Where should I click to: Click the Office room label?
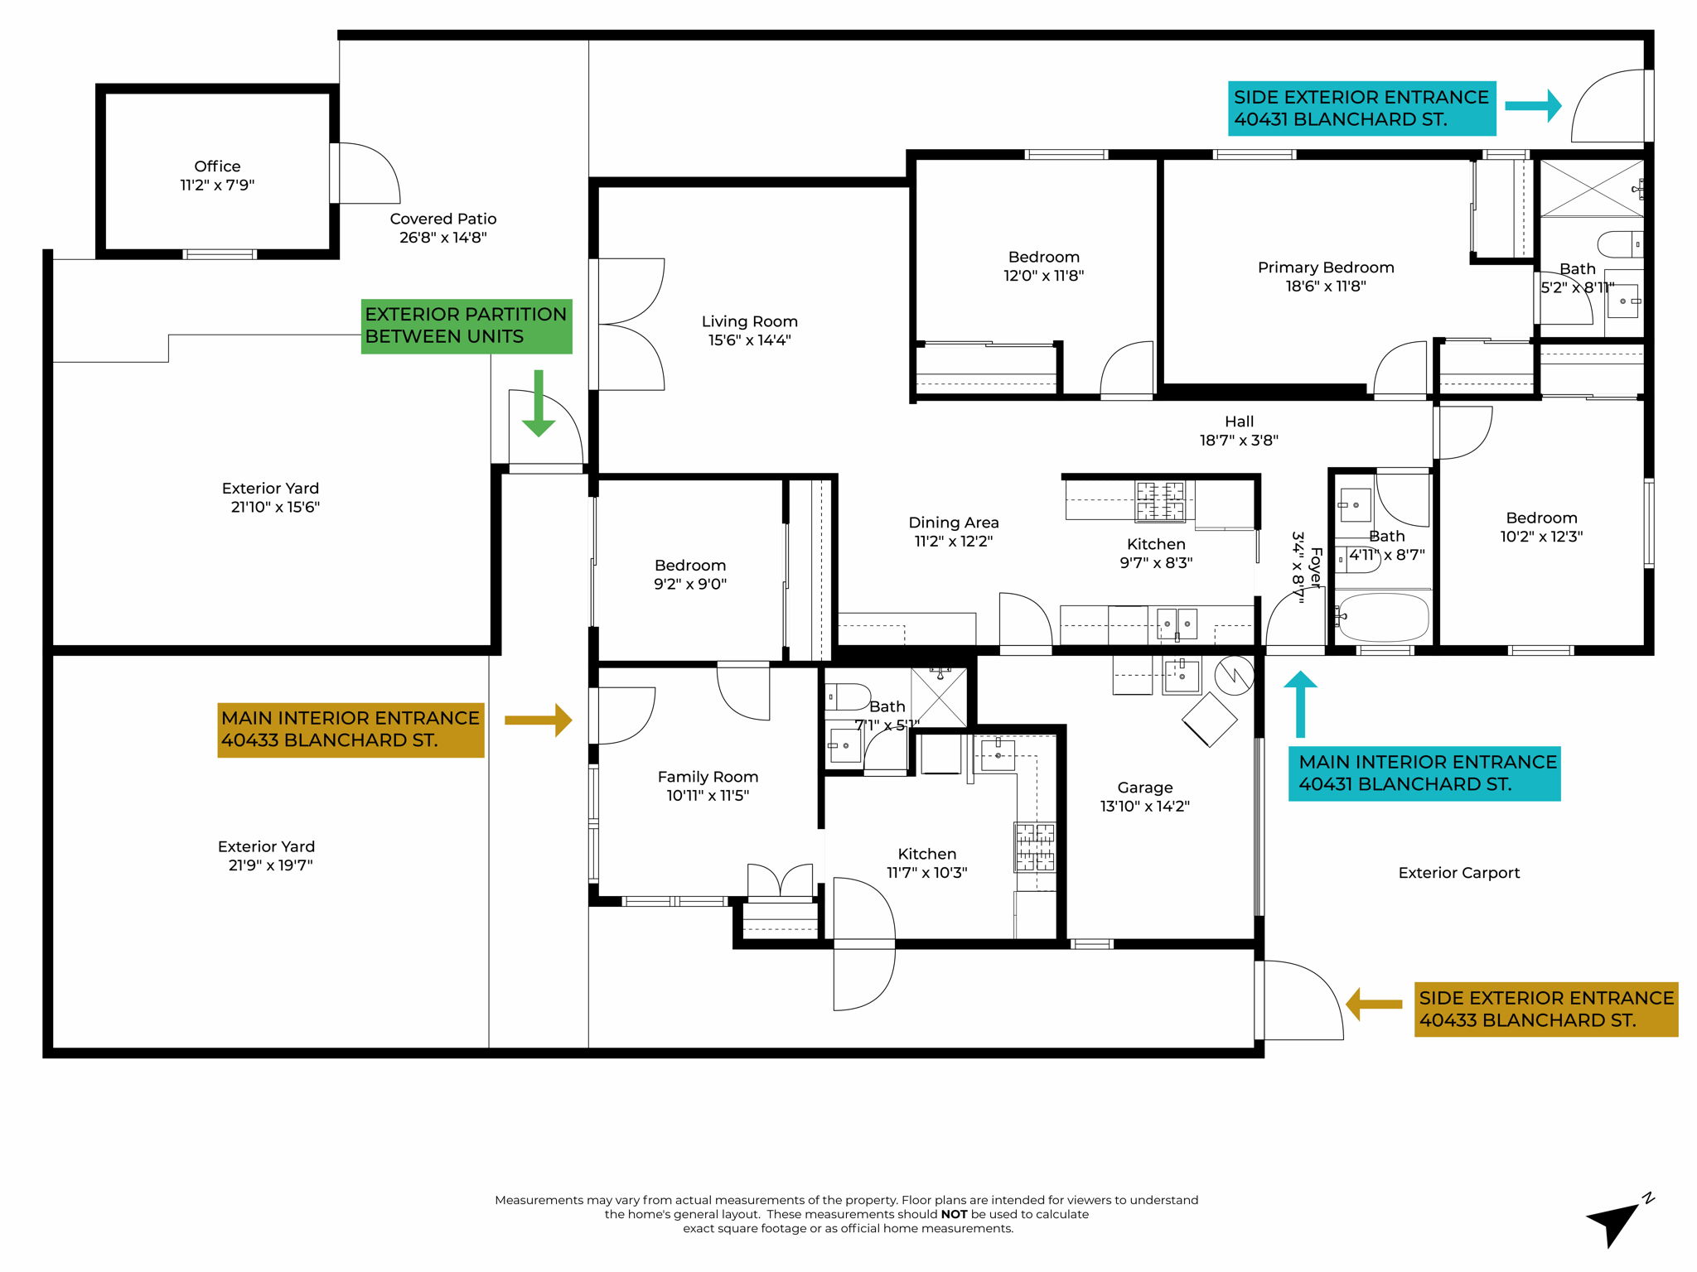(x=217, y=166)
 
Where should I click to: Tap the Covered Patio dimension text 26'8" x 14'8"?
(x=442, y=238)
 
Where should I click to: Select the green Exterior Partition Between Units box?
(x=466, y=325)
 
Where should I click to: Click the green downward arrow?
(x=539, y=405)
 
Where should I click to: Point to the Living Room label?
(x=749, y=321)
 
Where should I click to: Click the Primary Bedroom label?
(x=1325, y=267)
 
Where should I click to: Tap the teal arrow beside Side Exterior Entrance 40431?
(x=1533, y=106)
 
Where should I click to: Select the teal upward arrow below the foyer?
(x=1300, y=704)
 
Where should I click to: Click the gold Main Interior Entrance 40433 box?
(x=351, y=730)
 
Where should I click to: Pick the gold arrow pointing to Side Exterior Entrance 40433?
(x=1374, y=1005)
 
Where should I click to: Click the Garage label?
(x=1144, y=788)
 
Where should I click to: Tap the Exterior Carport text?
(x=1458, y=873)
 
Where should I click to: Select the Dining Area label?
(x=953, y=523)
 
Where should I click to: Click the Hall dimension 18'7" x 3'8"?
(x=1239, y=441)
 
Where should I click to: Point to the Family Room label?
(x=708, y=777)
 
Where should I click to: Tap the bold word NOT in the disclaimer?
(x=954, y=1214)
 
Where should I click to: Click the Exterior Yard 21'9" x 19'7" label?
(x=267, y=855)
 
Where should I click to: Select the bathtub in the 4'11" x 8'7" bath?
(x=1383, y=617)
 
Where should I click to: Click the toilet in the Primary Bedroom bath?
(x=1618, y=244)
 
